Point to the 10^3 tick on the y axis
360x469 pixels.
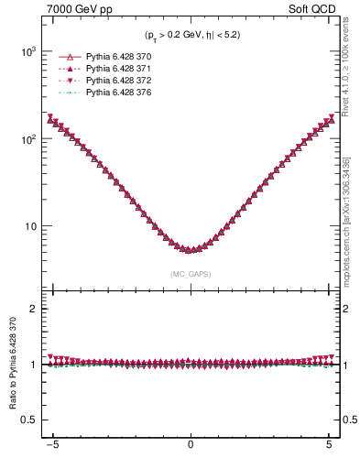(28, 52)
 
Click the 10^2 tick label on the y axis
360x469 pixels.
(28, 139)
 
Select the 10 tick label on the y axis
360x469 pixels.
(31, 226)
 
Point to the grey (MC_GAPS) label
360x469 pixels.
(191, 274)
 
